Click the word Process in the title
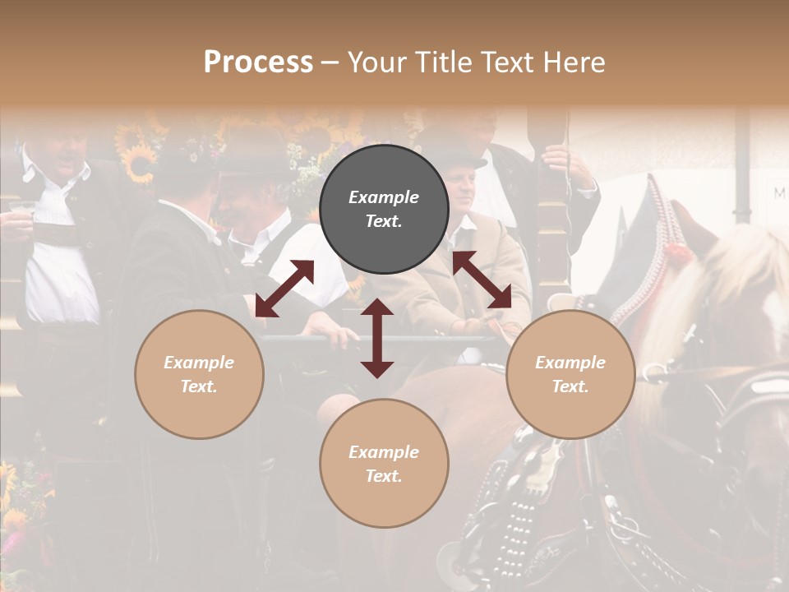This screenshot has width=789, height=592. [x=258, y=62]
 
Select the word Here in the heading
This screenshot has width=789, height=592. [x=573, y=62]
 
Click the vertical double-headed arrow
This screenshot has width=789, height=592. [x=377, y=338]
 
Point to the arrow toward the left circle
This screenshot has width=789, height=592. [x=284, y=289]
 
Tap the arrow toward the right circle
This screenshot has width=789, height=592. [x=482, y=280]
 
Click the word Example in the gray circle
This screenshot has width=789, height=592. [x=384, y=197]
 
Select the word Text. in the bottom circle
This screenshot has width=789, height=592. [x=384, y=476]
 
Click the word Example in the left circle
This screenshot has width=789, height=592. [x=199, y=363]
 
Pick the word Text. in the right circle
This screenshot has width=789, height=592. [x=570, y=386]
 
